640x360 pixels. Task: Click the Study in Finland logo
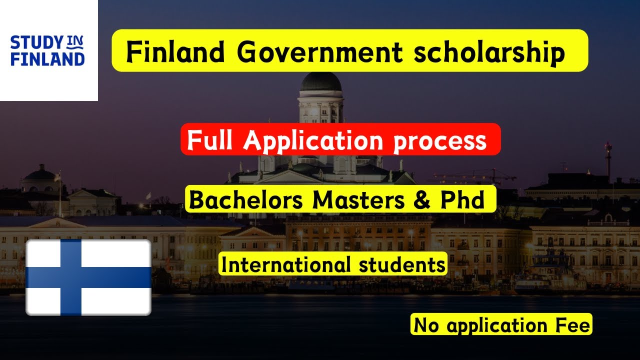[x=47, y=50]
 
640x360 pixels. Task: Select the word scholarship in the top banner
[x=488, y=52]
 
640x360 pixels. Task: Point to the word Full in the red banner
[x=212, y=140]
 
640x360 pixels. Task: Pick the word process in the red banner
[x=440, y=141]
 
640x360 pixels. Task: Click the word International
[x=286, y=265]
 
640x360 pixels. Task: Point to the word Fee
[x=572, y=325]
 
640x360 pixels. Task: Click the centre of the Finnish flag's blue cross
[x=70, y=277]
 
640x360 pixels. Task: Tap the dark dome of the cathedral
[x=320, y=82]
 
